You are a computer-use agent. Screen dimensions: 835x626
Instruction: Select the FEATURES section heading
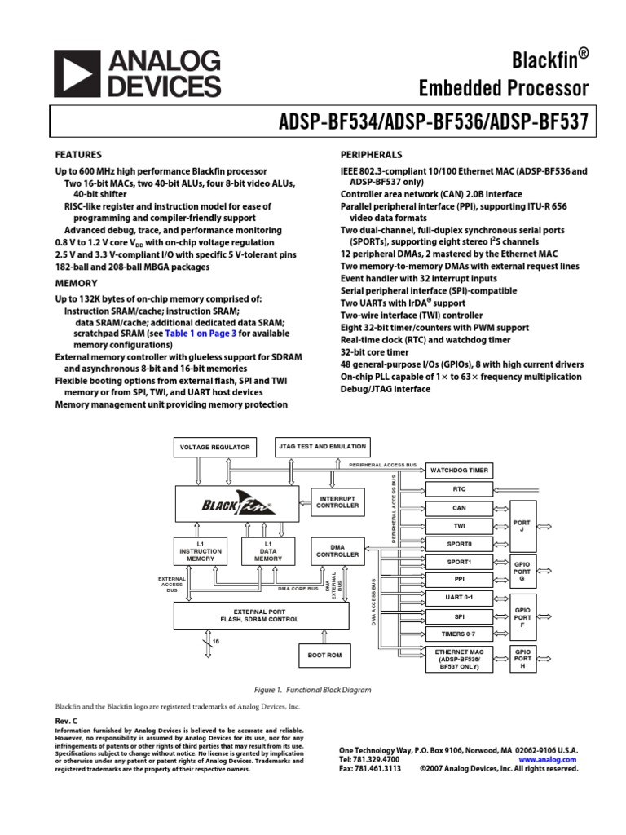pos(78,154)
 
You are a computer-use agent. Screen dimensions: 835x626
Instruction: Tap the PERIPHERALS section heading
pos(371,154)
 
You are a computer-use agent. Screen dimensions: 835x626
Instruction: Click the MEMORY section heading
pos(76,283)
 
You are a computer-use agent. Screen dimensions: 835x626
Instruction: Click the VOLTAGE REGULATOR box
pos(215,448)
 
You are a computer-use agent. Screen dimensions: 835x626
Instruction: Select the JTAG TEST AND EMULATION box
pos(323,447)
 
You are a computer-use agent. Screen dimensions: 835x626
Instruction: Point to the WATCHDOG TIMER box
pos(459,471)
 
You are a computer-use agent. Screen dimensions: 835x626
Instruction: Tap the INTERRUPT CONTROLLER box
pos(338,501)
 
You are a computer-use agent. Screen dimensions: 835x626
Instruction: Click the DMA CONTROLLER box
pos(338,550)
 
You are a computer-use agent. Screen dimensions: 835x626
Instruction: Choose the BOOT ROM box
pos(324,655)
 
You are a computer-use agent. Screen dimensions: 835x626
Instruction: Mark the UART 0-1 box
pos(459,598)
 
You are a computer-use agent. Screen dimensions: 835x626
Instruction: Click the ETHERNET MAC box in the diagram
pos(459,658)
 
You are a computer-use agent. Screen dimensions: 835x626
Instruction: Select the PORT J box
pos(523,526)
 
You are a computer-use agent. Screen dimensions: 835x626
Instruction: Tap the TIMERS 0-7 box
pos(459,634)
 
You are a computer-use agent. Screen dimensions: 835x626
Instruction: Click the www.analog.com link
pos(547,759)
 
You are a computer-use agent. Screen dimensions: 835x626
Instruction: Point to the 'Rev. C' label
pos(66,722)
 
